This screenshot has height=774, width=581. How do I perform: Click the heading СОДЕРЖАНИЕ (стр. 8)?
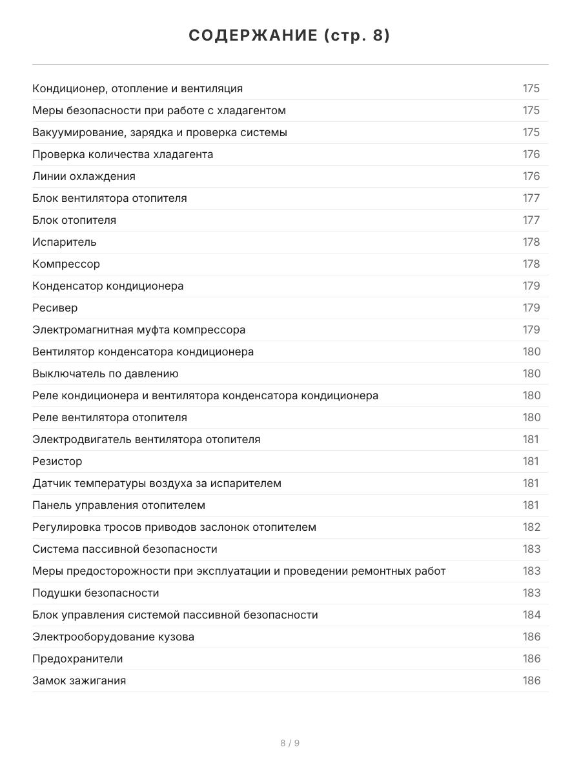click(290, 36)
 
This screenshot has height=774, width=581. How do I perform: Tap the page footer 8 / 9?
click(290, 743)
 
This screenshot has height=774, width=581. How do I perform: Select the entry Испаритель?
click(65, 242)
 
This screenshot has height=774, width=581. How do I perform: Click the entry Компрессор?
click(66, 264)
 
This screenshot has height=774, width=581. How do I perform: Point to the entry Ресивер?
click(55, 308)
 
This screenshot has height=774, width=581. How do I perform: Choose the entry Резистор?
click(57, 461)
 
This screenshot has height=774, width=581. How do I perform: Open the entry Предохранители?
click(77, 659)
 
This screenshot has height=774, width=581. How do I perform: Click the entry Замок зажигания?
click(79, 680)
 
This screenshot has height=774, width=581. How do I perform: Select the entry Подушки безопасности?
click(96, 593)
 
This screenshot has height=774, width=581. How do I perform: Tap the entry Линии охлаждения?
click(84, 176)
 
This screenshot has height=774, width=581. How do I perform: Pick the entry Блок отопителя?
click(74, 220)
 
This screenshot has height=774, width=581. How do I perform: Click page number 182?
click(531, 527)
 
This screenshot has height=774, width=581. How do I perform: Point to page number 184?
click(531, 615)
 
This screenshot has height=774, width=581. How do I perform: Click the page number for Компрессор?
click(531, 264)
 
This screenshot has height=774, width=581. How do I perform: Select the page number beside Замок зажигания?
click(531, 680)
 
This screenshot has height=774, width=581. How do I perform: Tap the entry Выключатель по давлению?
click(105, 373)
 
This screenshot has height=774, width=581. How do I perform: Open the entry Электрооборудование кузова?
click(113, 637)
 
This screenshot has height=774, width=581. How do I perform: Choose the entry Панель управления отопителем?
click(119, 505)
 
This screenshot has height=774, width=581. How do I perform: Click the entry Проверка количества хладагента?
click(123, 154)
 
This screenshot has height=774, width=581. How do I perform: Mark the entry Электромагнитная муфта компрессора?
click(139, 330)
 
